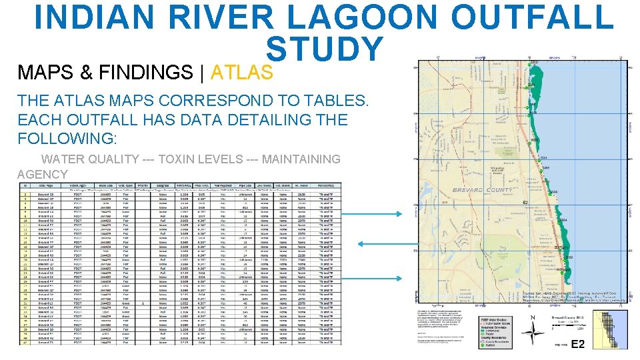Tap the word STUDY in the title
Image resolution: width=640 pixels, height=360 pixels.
pos(325,50)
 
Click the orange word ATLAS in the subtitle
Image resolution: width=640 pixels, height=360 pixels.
pos(242,72)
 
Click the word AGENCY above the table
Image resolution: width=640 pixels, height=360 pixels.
pos(43,175)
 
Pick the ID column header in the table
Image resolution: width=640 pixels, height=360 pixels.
pos(25,185)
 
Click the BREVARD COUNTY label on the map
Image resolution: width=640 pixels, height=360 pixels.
pos(483,190)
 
